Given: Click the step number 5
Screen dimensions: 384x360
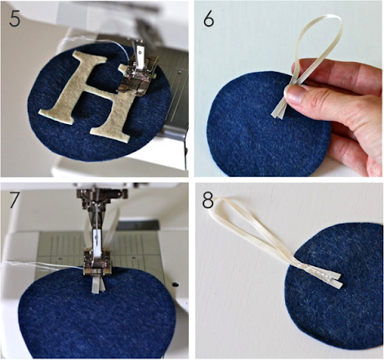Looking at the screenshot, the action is pos(15,19).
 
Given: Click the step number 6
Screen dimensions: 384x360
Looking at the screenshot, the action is pos(208,19).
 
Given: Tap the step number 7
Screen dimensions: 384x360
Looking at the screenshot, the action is pos(15,200).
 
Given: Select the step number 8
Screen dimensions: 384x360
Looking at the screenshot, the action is pos(208,201).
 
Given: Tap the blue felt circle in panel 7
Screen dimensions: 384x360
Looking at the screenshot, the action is pos(96,313).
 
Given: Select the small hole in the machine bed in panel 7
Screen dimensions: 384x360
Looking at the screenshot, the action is pos(175,284).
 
